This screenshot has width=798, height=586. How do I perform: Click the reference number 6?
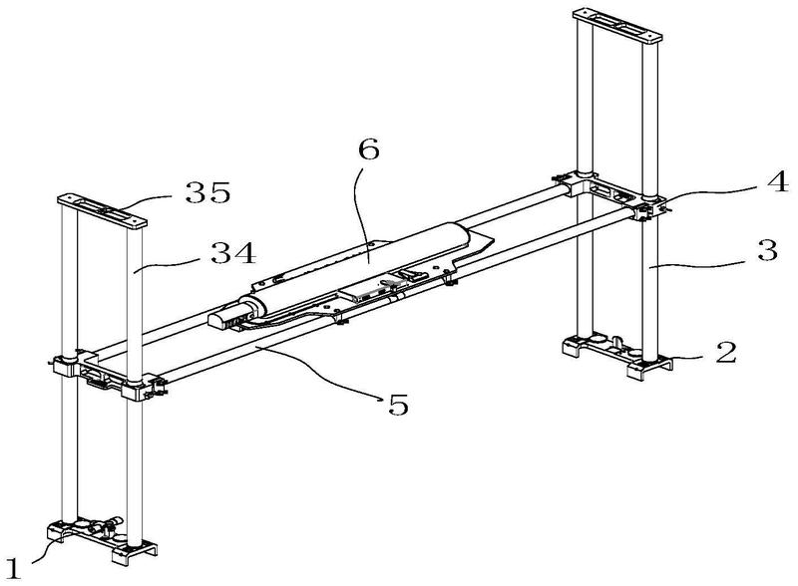tap(368, 149)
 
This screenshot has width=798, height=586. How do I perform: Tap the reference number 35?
tap(207, 192)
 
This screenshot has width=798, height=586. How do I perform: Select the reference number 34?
tap(233, 253)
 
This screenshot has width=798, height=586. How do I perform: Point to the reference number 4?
tap(778, 181)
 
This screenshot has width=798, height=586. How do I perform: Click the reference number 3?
tap(767, 250)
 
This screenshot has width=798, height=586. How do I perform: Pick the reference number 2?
tap(726, 353)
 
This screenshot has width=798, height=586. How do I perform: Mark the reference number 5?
tap(398, 405)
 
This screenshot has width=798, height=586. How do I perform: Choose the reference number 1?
tap(13, 568)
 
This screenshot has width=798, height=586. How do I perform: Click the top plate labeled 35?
tap(103, 209)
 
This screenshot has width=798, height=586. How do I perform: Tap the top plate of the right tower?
tap(617, 24)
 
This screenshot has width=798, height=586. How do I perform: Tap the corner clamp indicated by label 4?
tap(648, 208)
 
